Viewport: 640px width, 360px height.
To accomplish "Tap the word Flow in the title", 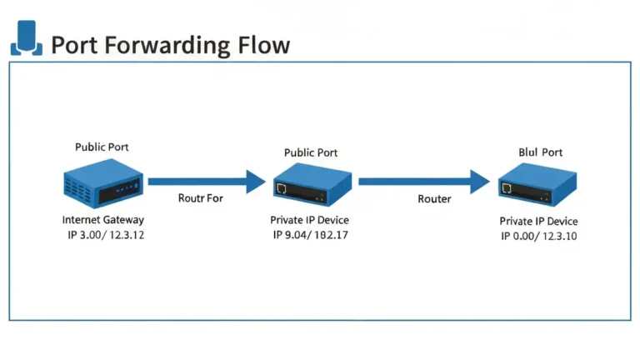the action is [263, 44].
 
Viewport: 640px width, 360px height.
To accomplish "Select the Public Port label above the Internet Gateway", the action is [102, 147].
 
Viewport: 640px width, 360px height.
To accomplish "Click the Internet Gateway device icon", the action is [103, 183].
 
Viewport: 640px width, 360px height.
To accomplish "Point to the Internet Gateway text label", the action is [103, 220].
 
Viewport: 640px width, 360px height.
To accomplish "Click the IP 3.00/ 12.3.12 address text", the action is [106, 235].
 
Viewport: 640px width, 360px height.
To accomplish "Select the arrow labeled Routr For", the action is [207, 182].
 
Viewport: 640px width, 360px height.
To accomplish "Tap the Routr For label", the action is [200, 198].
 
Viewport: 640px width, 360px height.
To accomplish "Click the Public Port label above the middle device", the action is [311, 152].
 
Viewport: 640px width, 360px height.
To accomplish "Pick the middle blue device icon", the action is [312, 184].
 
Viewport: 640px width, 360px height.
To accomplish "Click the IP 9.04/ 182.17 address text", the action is [311, 235].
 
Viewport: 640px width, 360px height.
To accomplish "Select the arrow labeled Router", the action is [424, 182].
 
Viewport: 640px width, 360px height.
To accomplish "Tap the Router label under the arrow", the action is [434, 199].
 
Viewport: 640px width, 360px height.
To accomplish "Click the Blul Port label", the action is [540, 152].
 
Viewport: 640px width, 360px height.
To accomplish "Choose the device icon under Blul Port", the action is [537, 184].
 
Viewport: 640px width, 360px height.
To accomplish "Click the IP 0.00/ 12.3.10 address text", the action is [539, 236].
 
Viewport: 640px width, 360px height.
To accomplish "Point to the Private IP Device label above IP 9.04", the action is [309, 220].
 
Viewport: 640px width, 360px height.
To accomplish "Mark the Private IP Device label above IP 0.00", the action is [539, 221].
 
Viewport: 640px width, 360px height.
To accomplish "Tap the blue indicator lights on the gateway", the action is [127, 188].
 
